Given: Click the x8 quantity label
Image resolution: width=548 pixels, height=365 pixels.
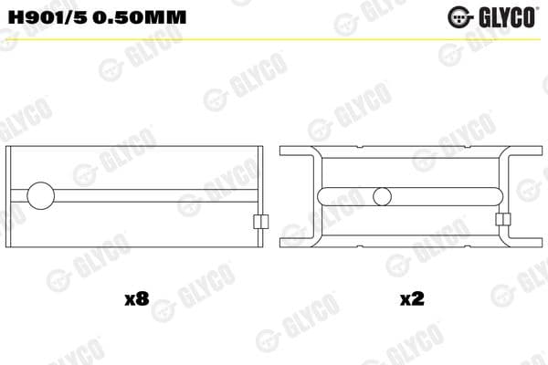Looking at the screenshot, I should (136, 298).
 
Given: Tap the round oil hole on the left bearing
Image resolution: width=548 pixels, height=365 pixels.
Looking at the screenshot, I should (41, 195).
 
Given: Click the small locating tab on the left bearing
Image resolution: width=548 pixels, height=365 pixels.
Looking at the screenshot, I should (259, 221).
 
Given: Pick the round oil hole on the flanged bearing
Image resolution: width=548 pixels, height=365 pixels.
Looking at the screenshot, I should (383, 195).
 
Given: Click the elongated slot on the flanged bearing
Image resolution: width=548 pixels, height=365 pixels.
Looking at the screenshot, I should (336, 195).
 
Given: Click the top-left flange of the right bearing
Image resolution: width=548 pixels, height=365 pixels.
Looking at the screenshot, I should (297, 151).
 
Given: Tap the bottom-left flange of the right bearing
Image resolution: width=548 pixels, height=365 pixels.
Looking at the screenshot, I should (297, 241).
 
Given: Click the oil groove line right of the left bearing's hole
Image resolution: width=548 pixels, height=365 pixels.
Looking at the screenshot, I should (155, 195).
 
